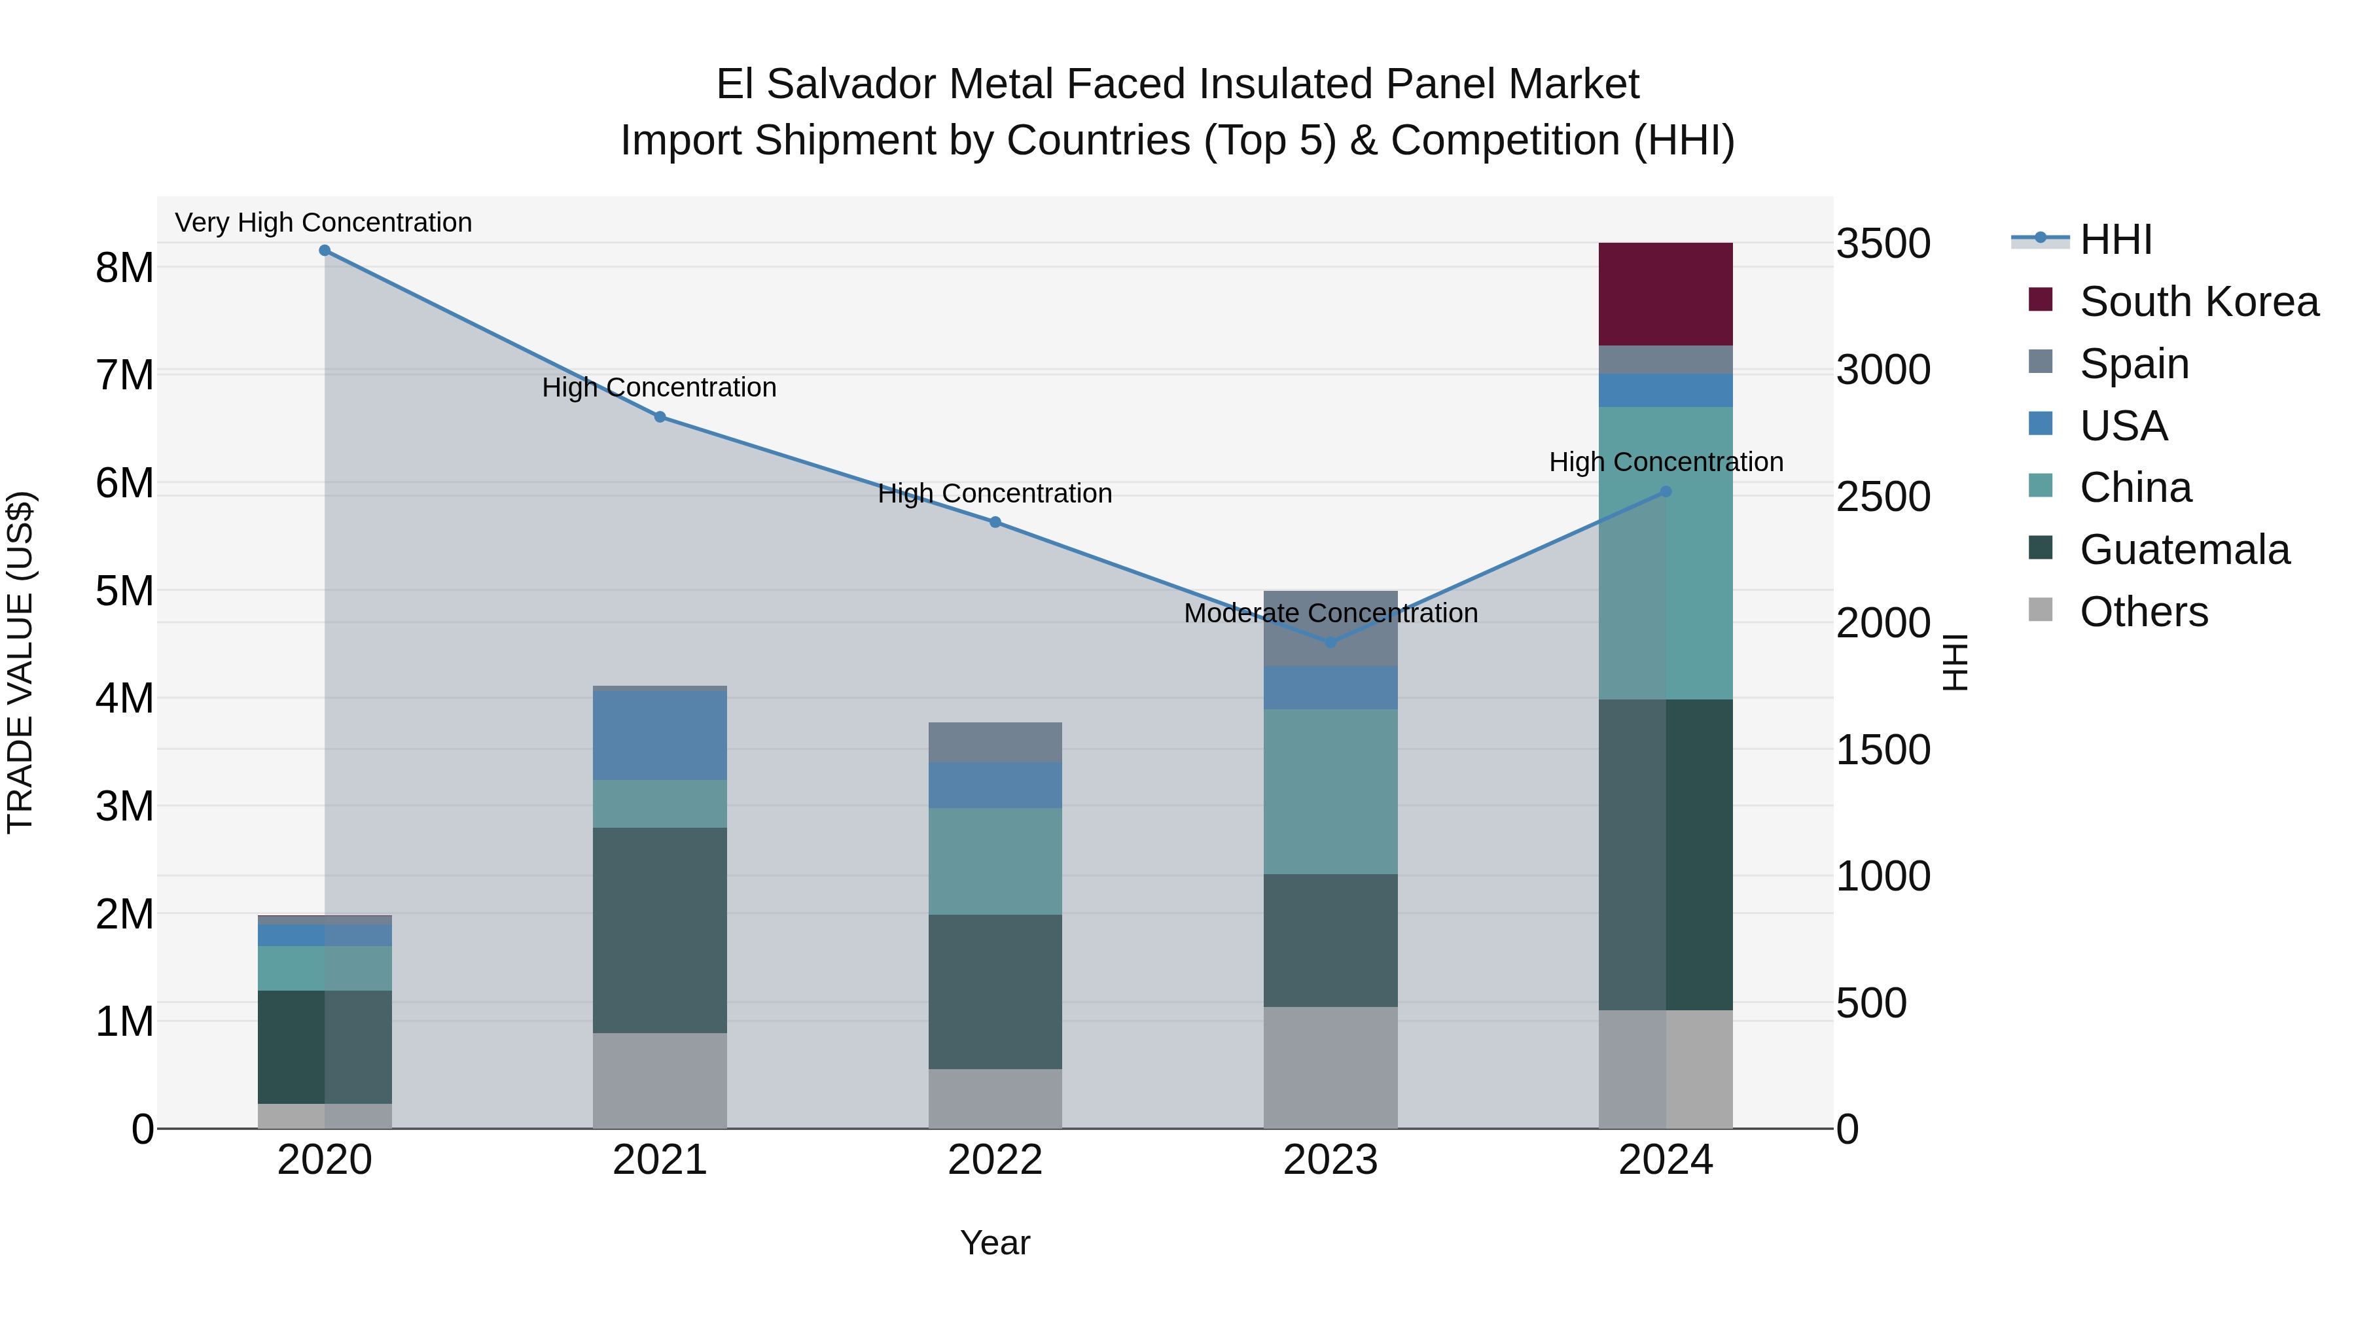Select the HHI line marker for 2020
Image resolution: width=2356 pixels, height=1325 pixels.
[x=325, y=251]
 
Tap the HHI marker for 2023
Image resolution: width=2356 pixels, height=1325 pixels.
[x=1330, y=643]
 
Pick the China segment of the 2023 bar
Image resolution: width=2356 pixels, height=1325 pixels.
[x=1330, y=791]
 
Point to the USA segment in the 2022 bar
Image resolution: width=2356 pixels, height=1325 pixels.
[x=995, y=785]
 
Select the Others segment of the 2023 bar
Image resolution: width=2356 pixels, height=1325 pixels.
[x=1330, y=1067]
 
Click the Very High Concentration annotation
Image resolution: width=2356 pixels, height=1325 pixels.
[x=324, y=222]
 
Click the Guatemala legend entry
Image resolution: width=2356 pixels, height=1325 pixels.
[x=2184, y=550]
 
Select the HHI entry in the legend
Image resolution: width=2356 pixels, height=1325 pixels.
[x=2115, y=239]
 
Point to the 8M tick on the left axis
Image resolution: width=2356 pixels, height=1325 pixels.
[x=124, y=268]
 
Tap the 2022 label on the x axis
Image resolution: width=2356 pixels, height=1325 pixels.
[x=995, y=1160]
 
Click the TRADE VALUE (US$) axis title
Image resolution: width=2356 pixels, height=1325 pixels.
[x=20, y=662]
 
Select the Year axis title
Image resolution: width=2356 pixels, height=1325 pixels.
[x=995, y=1243]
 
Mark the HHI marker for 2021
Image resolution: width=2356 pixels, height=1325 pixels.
[x=660, y=417]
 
